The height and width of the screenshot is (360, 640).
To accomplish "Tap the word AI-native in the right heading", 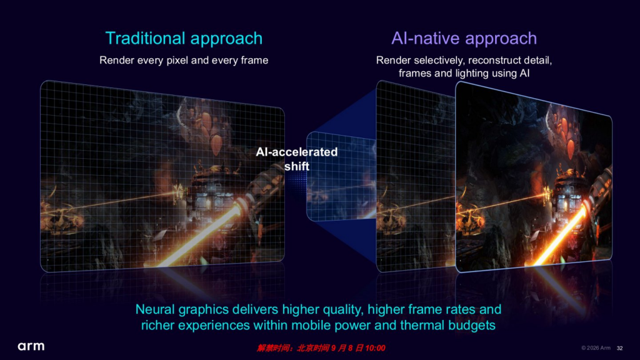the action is coord(425,38).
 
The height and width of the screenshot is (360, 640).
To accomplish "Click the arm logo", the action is coord(31,346).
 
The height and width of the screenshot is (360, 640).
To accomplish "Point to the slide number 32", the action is coord(619,348).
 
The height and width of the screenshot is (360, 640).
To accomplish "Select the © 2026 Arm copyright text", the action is coord(596,347).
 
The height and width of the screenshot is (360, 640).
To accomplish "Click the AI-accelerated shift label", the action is coord(297,159).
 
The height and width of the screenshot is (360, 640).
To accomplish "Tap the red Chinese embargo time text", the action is coord(321,348).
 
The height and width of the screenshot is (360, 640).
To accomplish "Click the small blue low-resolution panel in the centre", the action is coord(341,176).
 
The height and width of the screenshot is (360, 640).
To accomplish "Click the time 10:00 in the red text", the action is coord(375,348).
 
